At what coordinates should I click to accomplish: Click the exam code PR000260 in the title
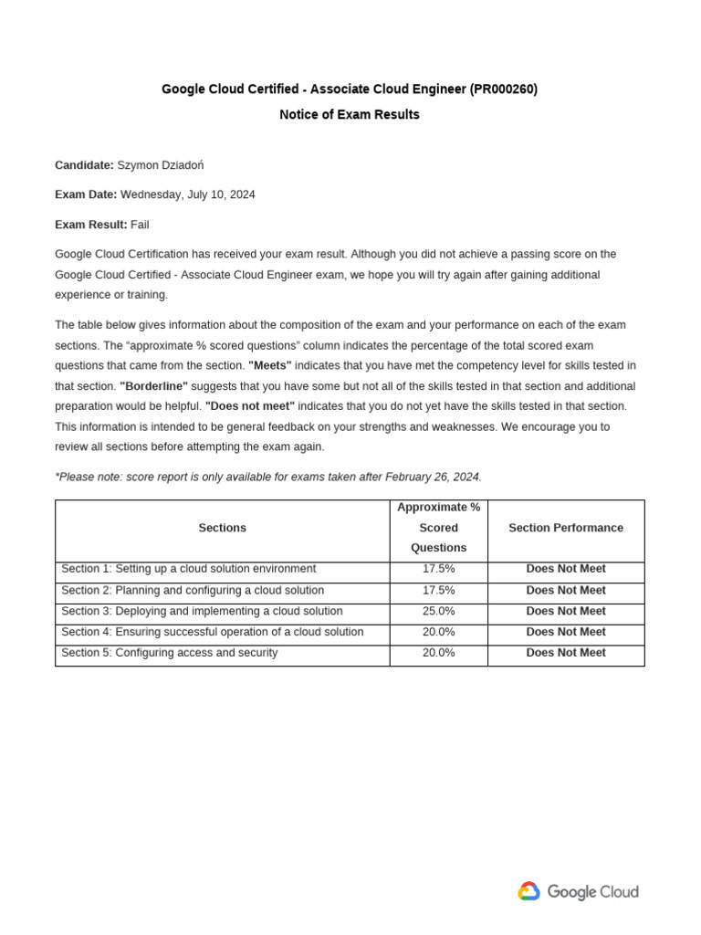[503, 89]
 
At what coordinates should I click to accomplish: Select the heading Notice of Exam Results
[350, 115]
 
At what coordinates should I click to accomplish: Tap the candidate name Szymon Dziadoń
[161, 165]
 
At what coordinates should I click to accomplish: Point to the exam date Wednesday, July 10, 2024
[188, 194]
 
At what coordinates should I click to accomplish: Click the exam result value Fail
[140, 225]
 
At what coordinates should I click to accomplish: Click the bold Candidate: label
[84, 165]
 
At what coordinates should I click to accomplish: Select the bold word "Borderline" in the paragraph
[153, 386]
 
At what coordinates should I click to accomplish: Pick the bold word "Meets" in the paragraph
[270, 365]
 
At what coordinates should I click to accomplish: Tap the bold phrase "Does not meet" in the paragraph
[250, 406]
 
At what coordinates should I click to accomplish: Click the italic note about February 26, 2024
[268, 477]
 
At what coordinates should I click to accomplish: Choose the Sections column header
[222, 528]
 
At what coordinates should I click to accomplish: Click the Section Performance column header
[566, 528]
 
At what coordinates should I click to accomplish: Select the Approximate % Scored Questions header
[438, 528]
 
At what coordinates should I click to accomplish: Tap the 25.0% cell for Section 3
[438, 611]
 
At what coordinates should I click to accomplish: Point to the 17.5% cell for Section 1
[438, 569]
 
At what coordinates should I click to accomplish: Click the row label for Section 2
[193, 591]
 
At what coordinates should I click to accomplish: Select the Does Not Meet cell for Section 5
[566, 653]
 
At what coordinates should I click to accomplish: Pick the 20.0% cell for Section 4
[438, 632]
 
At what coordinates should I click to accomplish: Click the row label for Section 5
[170, 653]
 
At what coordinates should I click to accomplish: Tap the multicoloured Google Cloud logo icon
[528, 892]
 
